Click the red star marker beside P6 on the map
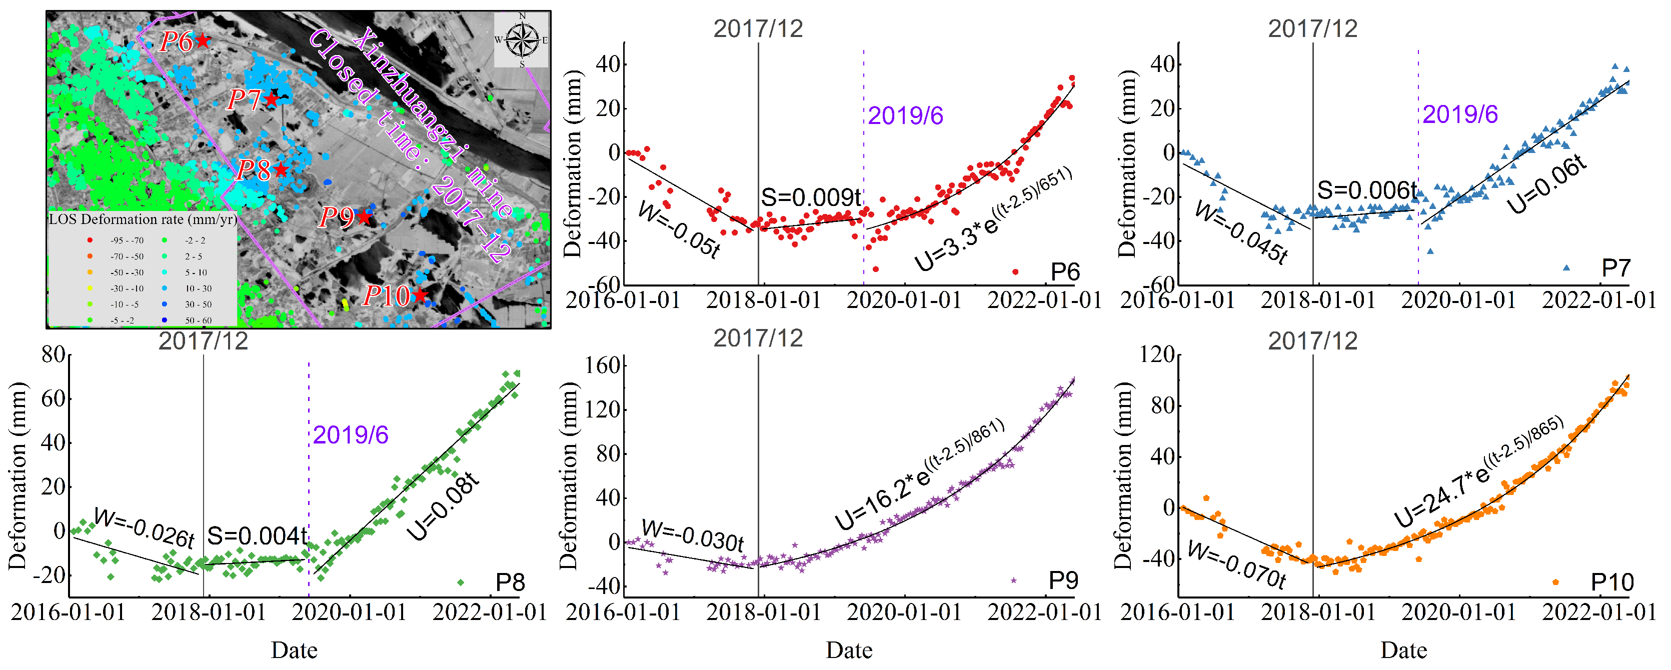click(x=203, y=40)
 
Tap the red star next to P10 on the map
click(x=420, y=295)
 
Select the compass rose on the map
click(x=522, y=39)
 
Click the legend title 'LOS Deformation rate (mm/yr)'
click(x=142, y=219)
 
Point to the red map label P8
click(x=253, y=170)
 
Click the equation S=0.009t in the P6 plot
click(x=811, y=197)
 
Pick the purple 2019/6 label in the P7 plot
click(x=1460, y=114)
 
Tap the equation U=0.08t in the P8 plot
click(x=444, y=506)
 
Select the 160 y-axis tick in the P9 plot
click(x=604, y=365)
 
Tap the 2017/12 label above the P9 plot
click(x=758, y=338)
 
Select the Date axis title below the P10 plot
click(x=1404, y=650)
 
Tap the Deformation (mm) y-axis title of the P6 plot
click(x=572, y=163)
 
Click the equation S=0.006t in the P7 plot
click(x=1366, y=190)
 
